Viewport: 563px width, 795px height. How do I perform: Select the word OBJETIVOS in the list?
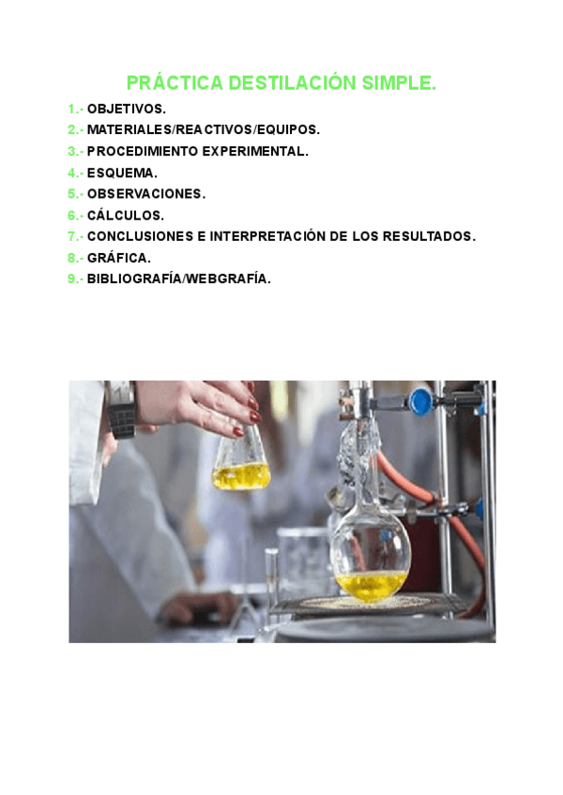click(126, 109)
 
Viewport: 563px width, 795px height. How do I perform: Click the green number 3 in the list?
click(71, 151)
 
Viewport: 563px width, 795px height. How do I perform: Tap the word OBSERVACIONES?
click(145, 194)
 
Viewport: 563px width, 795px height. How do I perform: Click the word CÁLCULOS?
click(125, 216)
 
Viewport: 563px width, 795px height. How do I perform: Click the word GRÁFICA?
click(118, 258)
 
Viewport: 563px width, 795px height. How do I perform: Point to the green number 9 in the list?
click(71, 279)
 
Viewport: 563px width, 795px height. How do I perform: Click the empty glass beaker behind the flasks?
click(302, 562)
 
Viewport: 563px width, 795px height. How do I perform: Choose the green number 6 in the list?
click(71, 216)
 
